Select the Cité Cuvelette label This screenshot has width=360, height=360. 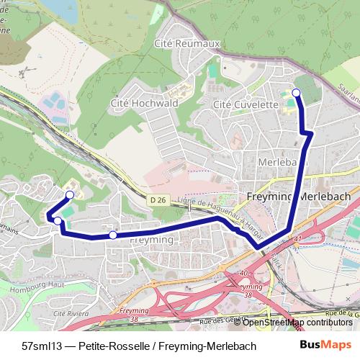pos(246,104)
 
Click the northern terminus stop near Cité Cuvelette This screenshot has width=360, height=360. pos(296,92)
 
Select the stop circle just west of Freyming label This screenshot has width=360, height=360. pos(113,235)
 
